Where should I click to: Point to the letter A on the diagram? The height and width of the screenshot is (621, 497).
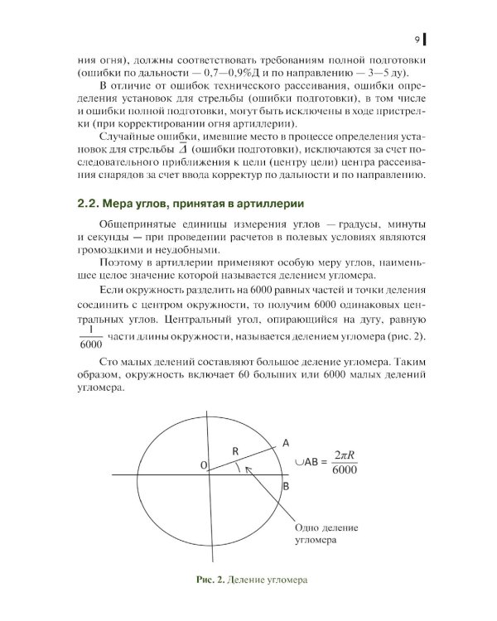(x=286, y=441)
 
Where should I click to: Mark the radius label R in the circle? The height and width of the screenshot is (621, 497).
(x=235, y=450)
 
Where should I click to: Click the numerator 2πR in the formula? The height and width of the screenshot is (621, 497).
(x=344, y=453)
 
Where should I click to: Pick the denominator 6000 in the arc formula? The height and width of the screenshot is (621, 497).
(x=344, y=471)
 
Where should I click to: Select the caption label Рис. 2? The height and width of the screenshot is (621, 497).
(x=205, y=580)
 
